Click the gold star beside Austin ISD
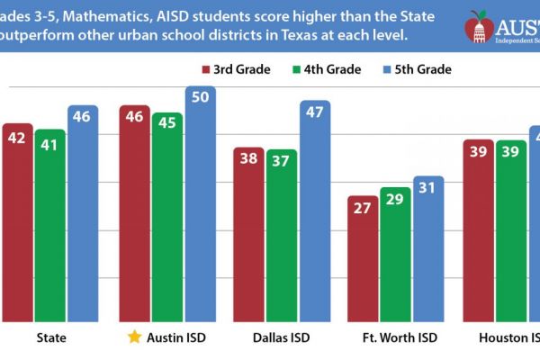click(x=134, y=337)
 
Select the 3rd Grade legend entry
click(x=236, y=68)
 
